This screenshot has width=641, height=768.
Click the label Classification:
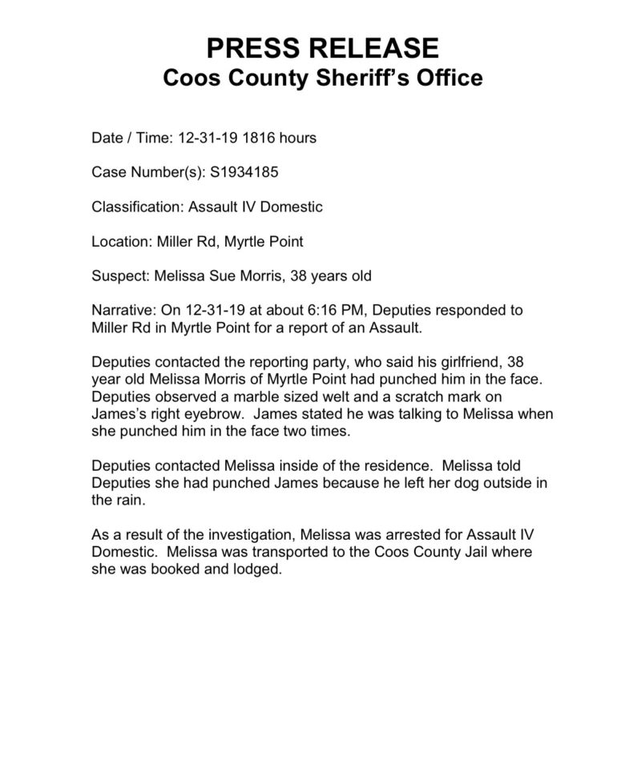[138, 207]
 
